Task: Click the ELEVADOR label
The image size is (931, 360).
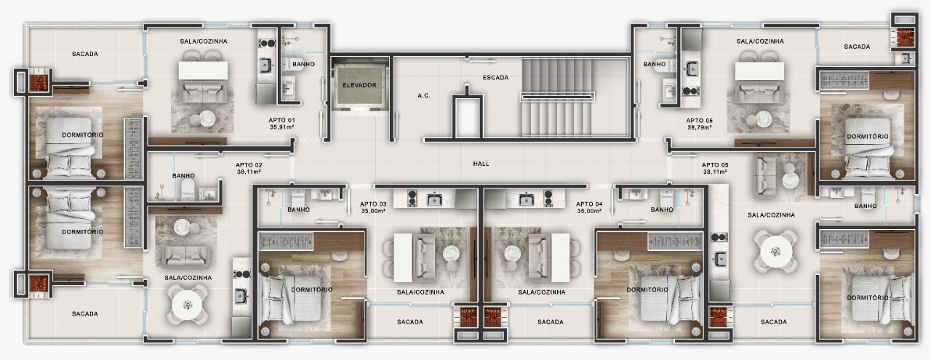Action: (360, 85)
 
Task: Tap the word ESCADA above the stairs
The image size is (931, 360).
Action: (495, 77)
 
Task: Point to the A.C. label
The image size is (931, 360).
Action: (424, 95)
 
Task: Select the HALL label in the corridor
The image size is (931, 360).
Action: (481, 164)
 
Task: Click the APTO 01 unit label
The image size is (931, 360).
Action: (281, 120)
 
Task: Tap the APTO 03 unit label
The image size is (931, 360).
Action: (374, 204)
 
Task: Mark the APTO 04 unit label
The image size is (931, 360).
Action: (589, 204)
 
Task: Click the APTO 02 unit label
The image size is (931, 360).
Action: (249, 165)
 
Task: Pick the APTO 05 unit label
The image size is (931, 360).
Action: (715, 165)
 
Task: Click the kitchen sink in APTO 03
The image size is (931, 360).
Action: (434, 198)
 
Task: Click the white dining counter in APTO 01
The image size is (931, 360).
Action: (203, 71)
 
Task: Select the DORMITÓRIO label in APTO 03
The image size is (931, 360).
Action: (311, 289)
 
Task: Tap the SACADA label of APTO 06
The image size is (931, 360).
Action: (857, 47)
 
